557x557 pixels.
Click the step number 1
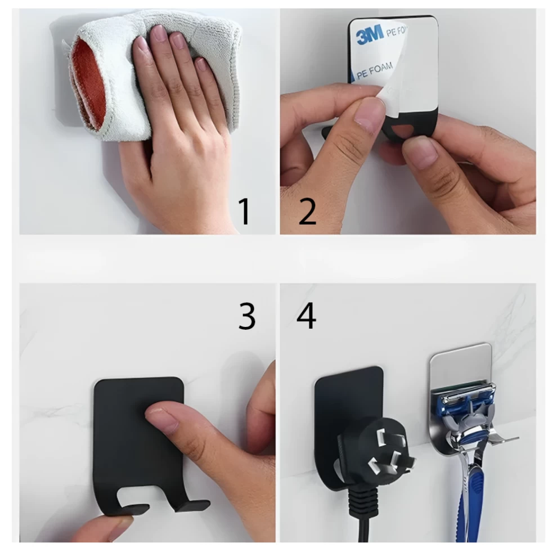click(244, 212)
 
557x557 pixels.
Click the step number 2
click(308, 212)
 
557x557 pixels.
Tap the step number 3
click(247, 316)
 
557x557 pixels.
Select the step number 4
click(306, 316)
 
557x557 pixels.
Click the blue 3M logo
click(370, 34)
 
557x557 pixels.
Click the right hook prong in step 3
click(192, 506)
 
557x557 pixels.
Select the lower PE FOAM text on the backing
click(374, 70)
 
